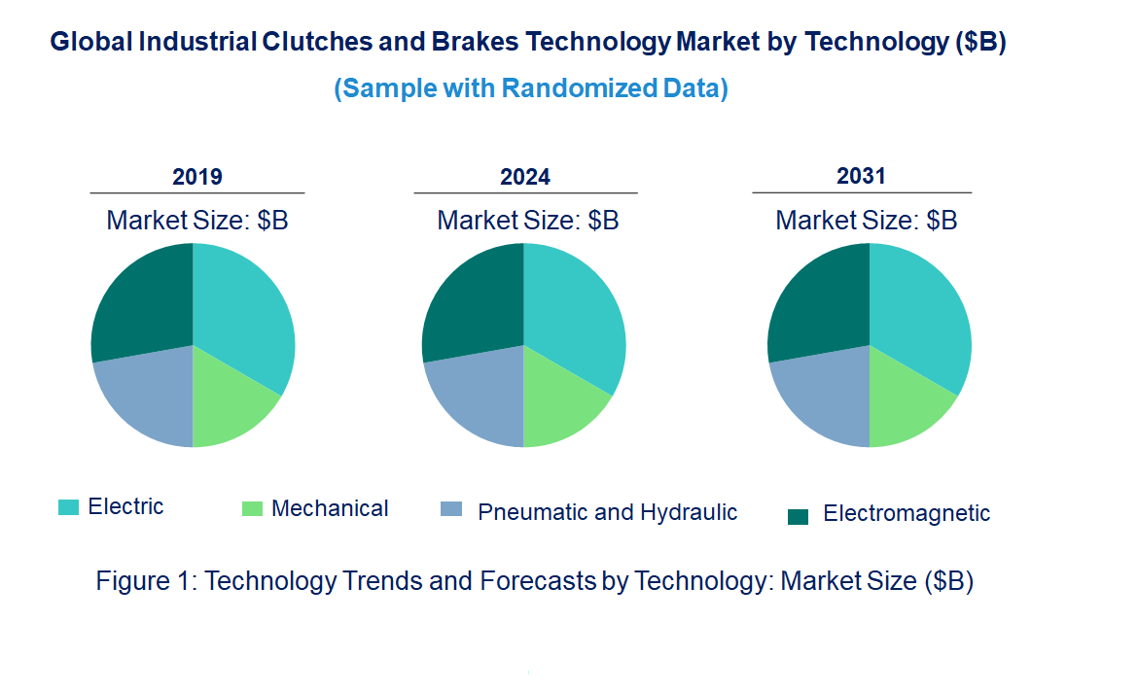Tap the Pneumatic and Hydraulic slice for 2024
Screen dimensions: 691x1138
[472, 398]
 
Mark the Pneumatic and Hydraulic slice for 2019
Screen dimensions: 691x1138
[141, 398]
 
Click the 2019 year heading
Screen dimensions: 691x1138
[197, 177]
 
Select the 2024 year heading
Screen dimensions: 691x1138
[525, 177]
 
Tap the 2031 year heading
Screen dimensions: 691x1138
[861, 176]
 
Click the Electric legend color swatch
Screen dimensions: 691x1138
[68, 506]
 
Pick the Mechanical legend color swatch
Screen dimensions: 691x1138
[252, 508]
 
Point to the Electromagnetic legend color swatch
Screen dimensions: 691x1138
[798, 516]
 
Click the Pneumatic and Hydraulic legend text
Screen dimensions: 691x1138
[607, 512]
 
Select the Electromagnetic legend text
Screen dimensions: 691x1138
[906, 513]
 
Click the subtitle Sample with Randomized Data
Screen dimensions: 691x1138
[531, 88]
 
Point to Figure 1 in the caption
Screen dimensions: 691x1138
[146, 581]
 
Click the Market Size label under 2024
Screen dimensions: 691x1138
[527, 220]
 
